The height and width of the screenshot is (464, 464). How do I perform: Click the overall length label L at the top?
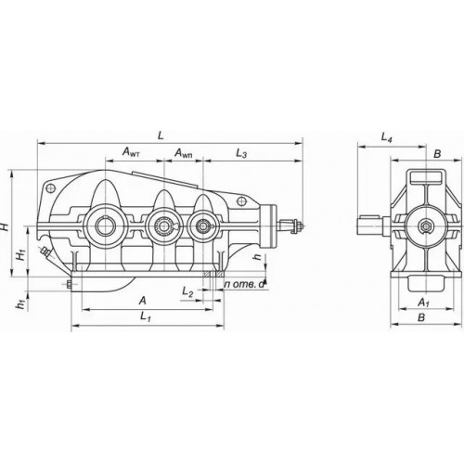pyautogui.click(x=161, y=135)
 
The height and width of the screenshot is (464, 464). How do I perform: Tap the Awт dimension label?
pyautogui.click(x=131, y=152)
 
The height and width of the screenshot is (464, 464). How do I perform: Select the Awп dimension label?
pyautogui.click(x=184, y=153)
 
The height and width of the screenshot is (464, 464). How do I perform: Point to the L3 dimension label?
pyautogui.click(x=241, y=153)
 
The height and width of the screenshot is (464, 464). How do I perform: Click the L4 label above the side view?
pyautogui.click(x=386, y=137)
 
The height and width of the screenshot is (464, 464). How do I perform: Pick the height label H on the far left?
pyautogui.click(x=5, y=226)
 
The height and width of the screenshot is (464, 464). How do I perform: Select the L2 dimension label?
pyautogui.click(x=187, y=291)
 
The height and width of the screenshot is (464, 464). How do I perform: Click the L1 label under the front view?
pyautogui.click(x=146, y=316)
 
